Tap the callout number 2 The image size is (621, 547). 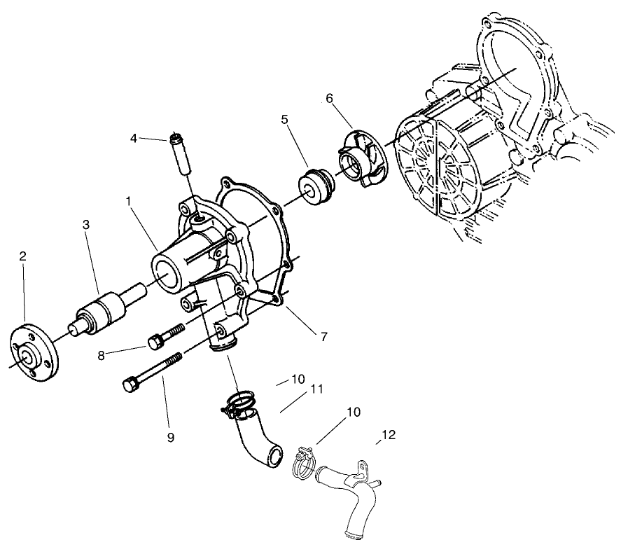pyautogui.click(x=22, y=257)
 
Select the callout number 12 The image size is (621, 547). pyautogui.click(x=389, y=435)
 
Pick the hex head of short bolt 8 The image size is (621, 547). pyautogui.click(x=155, y=342)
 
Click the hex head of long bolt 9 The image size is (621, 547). pyautogui.click(x=130, y=385)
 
